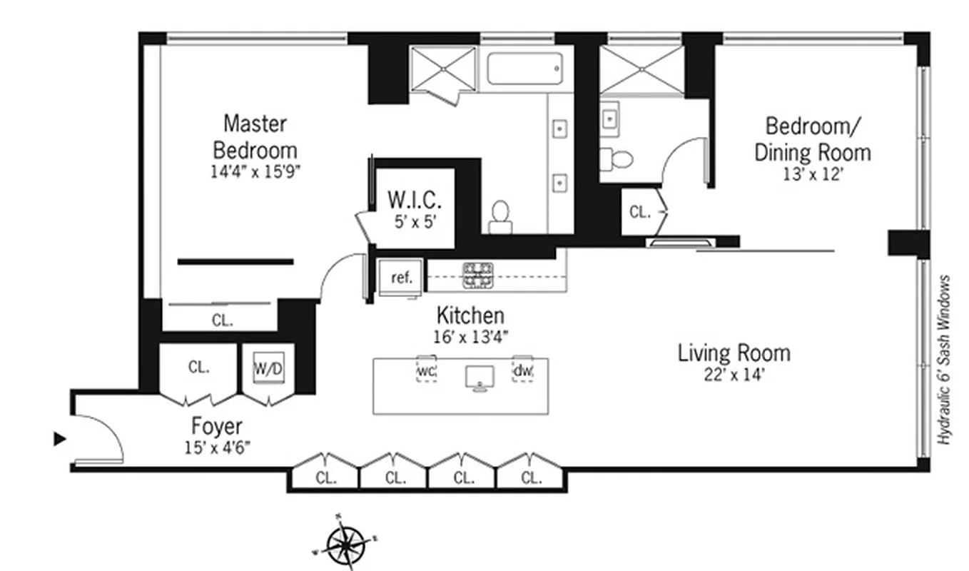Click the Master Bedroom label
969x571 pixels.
pyautogui.click(x=255, y=138)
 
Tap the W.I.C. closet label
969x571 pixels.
pyautogui.click(x=415, y=201)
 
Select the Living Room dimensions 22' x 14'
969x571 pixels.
pyautogui.click(x=734, y=375)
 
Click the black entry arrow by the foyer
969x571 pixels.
pyautogui.click(x=60, y=439)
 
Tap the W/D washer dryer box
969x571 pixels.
pyautogui.click(x=268, y=368)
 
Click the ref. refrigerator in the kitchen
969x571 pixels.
pyautogui.click(x=400, y=277)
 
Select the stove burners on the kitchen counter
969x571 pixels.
pyautogui.click(x=478, y=276)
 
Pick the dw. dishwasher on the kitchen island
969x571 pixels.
pyautogui.click(x=522, y=370)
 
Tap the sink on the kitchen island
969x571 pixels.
pyautogui.click(x=480, y=378)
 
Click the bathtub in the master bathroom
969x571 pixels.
pyautogui.click(x=524, y=69)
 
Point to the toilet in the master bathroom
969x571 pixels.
pyautogui.click(x=500, y=218)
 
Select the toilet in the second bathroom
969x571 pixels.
pyautogui.click(x=616, y=159)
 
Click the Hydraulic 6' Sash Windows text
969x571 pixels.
pyautogui.click(x=944, y=360)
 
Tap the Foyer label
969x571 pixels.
pyautogui.click(x=217, y=427)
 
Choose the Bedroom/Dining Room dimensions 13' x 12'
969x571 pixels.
pyautogui.click(x=813, y=174)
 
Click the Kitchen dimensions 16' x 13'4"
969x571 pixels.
pyautogui.click(x=471, y=337)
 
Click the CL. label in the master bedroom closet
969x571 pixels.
pyautogui.click(x=223, y=320)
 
